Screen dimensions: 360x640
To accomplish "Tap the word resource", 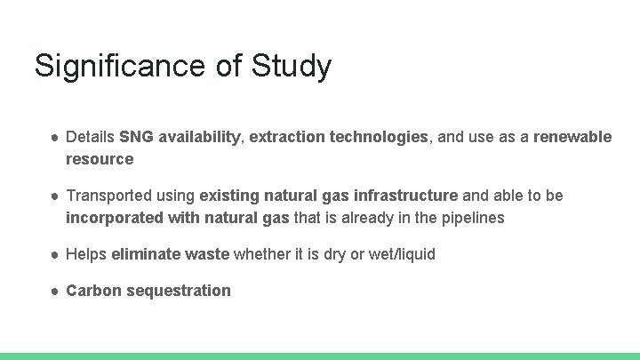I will tap(100, 159).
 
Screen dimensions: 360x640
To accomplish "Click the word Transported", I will tap(106, 195).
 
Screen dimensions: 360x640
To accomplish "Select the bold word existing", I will tap(228, 195).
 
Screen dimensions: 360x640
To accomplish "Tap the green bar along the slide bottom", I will tap(320, 356).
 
